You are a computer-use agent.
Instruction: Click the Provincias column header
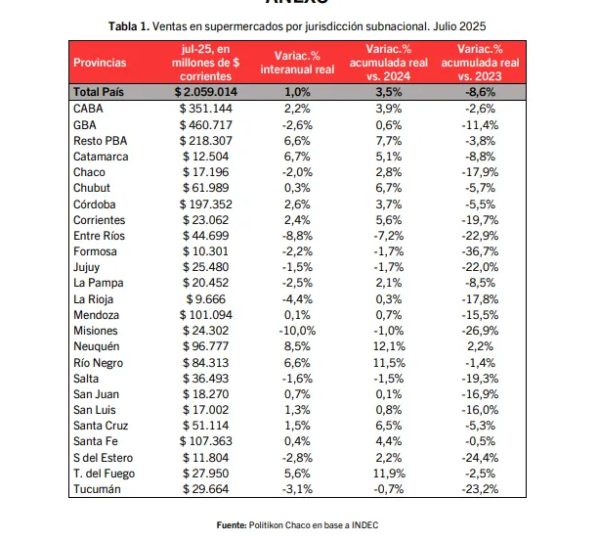(100, 63)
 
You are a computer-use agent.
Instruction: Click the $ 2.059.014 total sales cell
(206, 92)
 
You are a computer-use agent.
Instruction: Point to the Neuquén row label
(96, 347)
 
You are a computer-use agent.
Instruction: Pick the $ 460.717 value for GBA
(205, 124)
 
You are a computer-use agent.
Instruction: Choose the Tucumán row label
(97, 490)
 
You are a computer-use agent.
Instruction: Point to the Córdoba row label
(96, 203)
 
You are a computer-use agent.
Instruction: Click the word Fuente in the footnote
(233, 526)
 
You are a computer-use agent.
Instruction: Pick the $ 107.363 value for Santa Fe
(205, 442)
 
